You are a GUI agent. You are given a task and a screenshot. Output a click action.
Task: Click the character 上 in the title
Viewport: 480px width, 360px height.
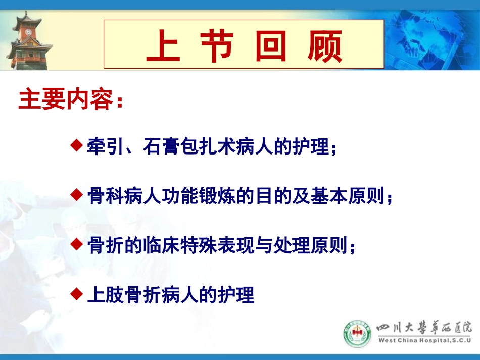[x=163, y=46]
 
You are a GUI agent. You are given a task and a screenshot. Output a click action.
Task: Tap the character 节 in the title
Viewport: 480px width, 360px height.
[x=217, y=46]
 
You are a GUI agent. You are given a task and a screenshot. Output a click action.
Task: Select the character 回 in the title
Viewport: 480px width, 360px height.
[x=271, y=46]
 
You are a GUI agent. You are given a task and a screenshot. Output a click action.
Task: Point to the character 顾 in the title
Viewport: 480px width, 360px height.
[x=324, y=46]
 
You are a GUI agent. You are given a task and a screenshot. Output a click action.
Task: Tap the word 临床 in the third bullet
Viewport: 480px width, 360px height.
[x=162, y=246]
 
